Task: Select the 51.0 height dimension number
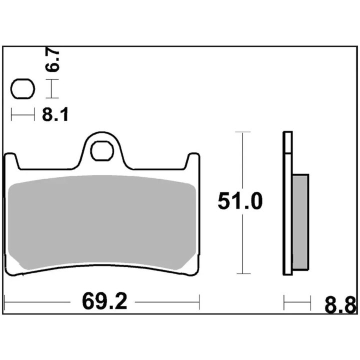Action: pos(239,201)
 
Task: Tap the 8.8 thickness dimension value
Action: pos(340,305)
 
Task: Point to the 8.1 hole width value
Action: pos(55,114)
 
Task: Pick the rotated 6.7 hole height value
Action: pos(52,61)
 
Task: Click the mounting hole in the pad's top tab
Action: pos(102,151)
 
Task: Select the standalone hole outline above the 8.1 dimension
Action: pos(22,89)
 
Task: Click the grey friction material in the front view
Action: pos(101,222)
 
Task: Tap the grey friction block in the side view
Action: pos(300,222)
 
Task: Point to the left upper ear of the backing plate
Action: pos(11,160)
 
